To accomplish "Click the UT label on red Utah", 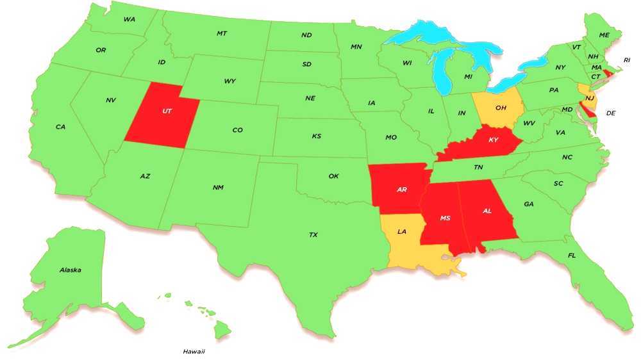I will (167, 111).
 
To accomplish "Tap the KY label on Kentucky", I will (493, 140).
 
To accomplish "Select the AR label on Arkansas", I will (402, 190).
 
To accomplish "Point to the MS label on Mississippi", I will (445, 218).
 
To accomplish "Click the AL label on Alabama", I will (487, 211).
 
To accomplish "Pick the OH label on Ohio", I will (501, 108).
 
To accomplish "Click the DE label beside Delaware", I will (611, 113).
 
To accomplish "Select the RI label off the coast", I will (627, 60).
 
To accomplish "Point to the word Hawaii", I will (194, 351).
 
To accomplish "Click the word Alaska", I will (70, 270).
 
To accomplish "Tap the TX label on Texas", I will (313, 235).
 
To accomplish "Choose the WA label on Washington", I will (129, 19).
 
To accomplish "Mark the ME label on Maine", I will (604, 35).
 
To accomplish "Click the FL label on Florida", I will (571, 256).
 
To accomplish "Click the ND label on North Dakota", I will (306, 35).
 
